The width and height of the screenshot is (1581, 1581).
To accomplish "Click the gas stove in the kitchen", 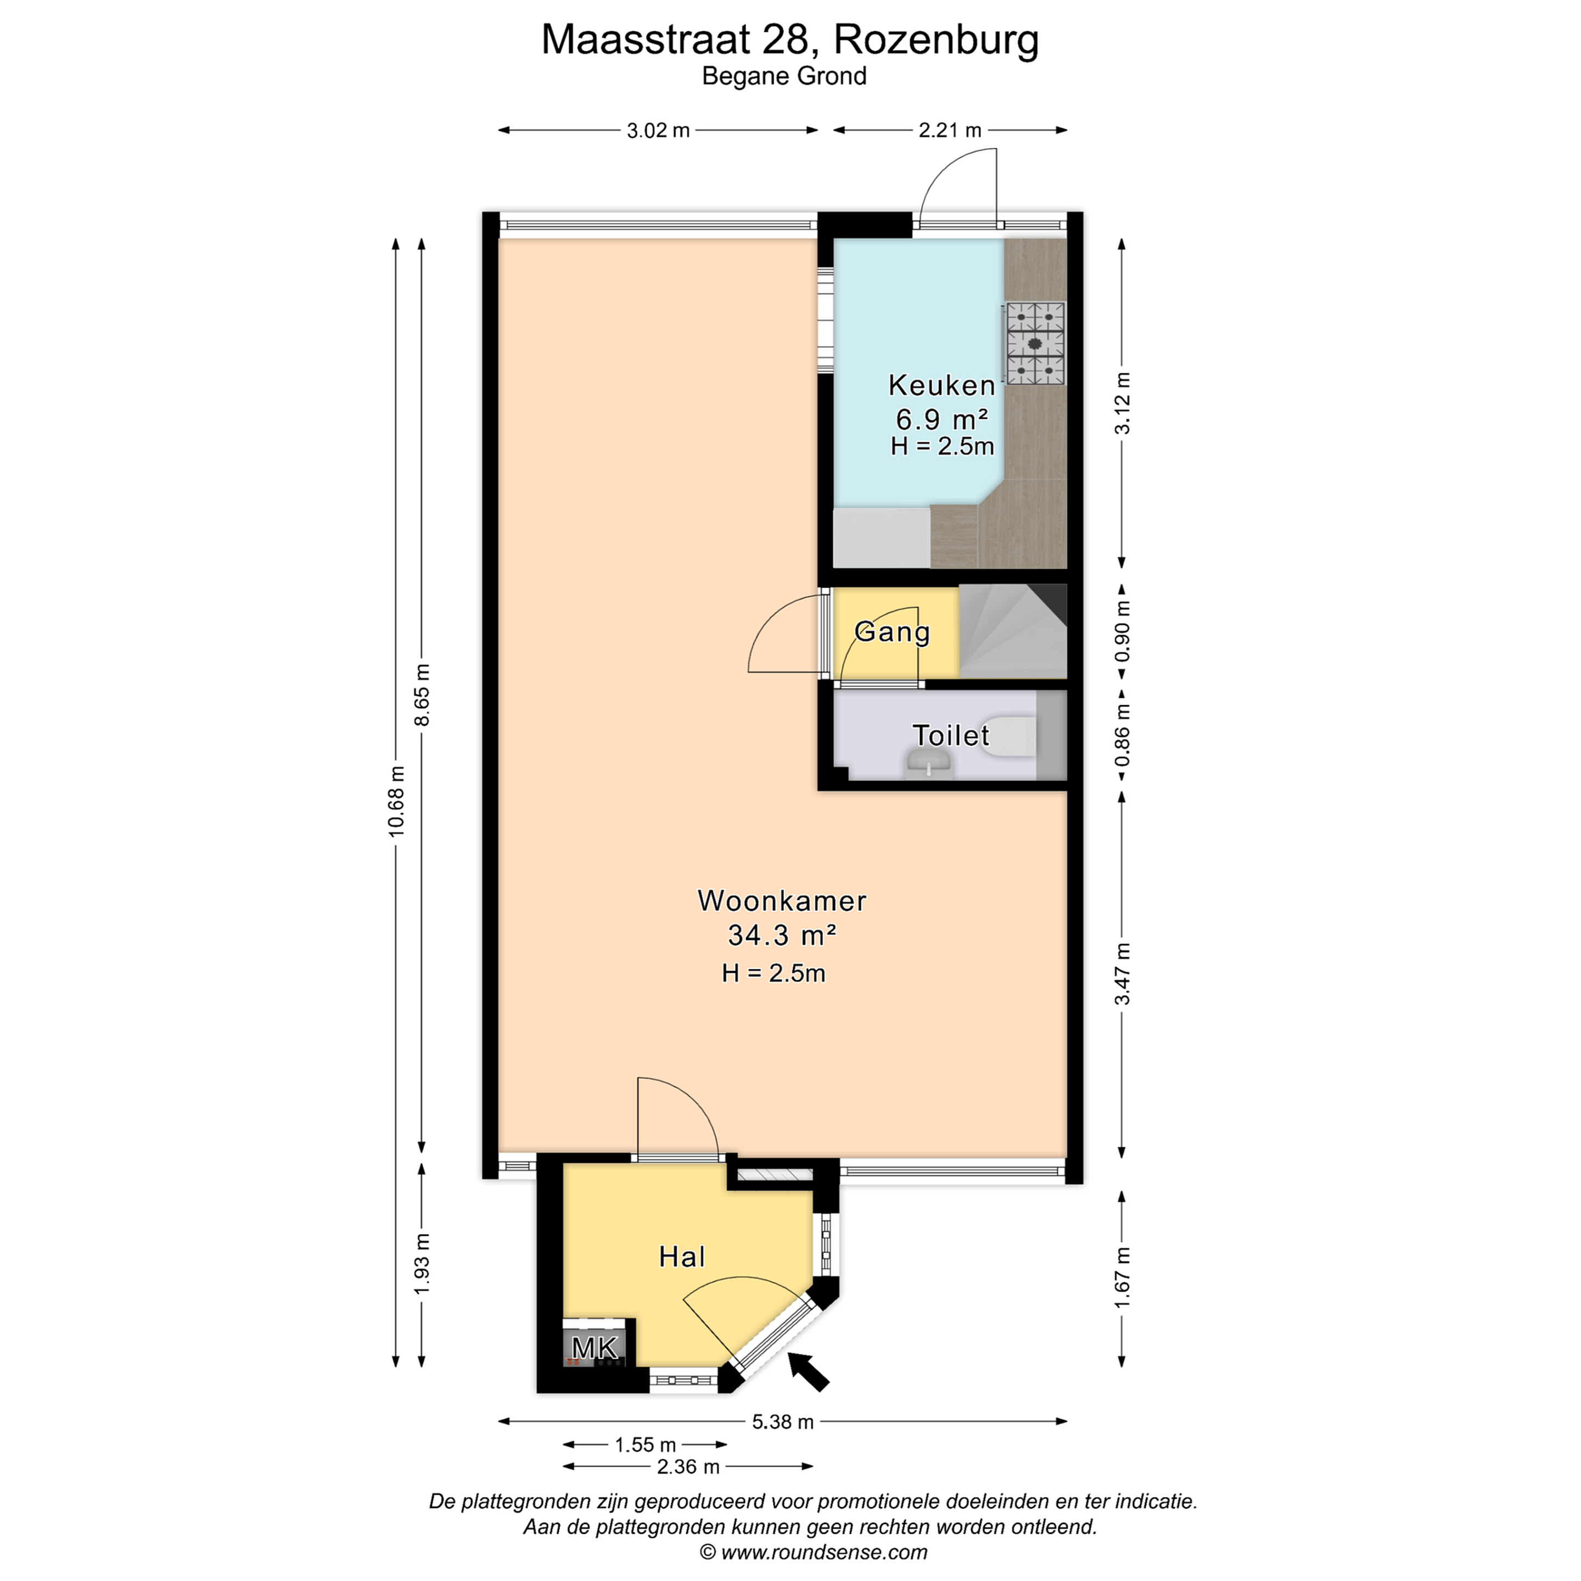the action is click(x=1035, y=344).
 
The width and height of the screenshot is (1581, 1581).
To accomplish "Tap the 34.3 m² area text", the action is click(x=782, y=934).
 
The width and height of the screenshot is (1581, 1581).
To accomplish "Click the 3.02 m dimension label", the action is click(x=658, y=130).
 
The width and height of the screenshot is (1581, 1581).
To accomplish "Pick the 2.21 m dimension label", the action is click(x=950, y=130).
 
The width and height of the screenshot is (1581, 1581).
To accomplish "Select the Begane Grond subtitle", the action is click(x=784, y=76).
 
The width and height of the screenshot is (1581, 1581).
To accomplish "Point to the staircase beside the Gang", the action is click(x=1013, y=631).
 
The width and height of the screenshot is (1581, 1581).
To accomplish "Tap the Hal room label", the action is click(x=682, y=1257).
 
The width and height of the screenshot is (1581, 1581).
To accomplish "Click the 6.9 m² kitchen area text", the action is click(x=942, y=419).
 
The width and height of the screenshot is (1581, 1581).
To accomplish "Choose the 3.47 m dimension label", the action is click(x=1123, y=974).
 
